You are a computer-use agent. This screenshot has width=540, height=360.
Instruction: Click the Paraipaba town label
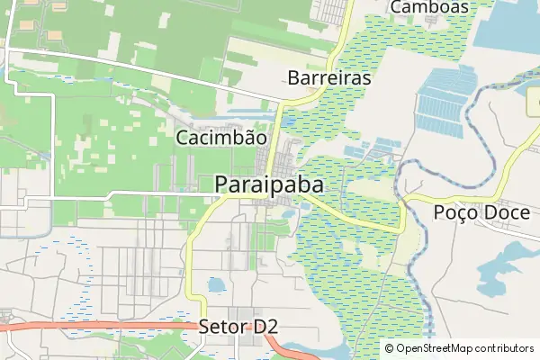pyautogui.click(x=270, y=184)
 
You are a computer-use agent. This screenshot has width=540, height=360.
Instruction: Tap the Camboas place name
pyautogui.click(x=430, y=7)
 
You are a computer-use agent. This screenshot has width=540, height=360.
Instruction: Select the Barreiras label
pyautogui.click(x=329, y=78)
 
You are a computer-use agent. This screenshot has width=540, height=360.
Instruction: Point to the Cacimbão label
pyautogui.click(x=221, y=139)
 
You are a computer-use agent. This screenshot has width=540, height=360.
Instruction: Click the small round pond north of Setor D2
pyautogui.click(x=216, y=286)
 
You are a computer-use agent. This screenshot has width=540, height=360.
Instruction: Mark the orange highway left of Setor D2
pyautogui.click(x=108, y=326)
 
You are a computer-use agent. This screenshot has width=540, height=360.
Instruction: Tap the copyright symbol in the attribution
pyautogui.click(x=390, y=348)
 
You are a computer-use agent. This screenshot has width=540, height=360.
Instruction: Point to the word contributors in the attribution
pyautogui.click(x=505, y=348)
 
